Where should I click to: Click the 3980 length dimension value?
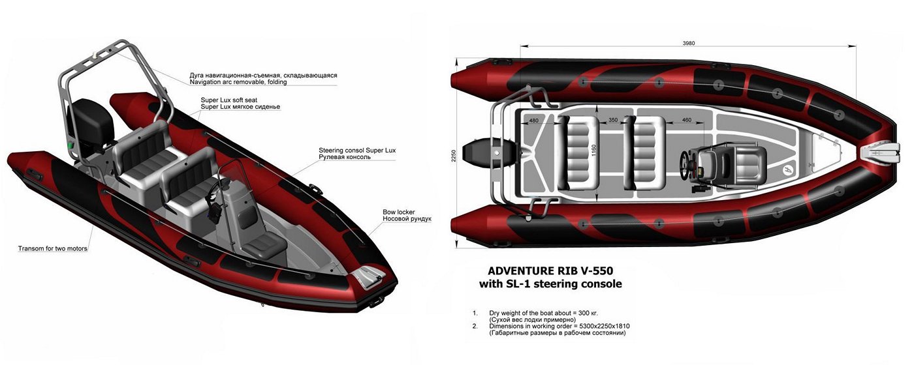pyautogui.click(x=688, y=43)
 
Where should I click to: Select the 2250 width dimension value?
pyautogui.click(x=454, y=156)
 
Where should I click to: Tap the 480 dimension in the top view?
pyautogui.click(x=533, y=121)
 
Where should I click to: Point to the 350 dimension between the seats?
pyautogui.click(x=613, y=120)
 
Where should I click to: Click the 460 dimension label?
pyautogui.click(x=687, y=120)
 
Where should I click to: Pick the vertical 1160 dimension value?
pyautogui.click(x=593, y=151)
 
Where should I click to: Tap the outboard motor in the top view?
pyautogui.click(x=486, y=154)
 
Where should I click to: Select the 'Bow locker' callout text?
pyautogui.click(x=399, y=212)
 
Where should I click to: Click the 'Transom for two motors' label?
pyautogui.click(x=53, y=248)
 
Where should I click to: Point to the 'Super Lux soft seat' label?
pyautogui.click(x=229, y=100)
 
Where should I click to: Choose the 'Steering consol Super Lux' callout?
pyautogui.click(x=357, y=151)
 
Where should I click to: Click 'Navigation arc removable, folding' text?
pyautogui.click(x=238, y=82)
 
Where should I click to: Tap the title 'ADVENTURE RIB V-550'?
pyautogui.click(x=550, y=271)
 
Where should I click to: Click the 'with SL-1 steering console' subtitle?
pyautogui.click(x=550, y=284)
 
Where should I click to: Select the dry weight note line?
pyautogui.click(x=543, y=313)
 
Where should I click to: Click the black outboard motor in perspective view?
pyautogui.click(x=92, y=123)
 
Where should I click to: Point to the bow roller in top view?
pyautogui.click(x=878, y=155)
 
